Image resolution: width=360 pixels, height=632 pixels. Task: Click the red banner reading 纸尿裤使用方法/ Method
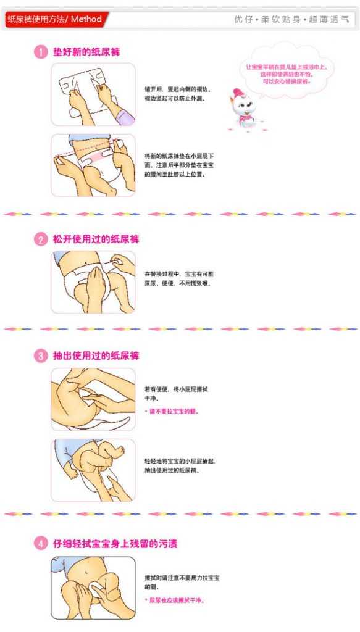(x=56, y=20)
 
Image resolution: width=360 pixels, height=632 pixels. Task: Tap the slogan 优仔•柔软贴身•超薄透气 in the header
(x=291, y=20)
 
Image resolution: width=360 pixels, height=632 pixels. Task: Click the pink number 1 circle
(x=41, y=53)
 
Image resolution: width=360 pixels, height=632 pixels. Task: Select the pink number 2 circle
(x=41, y=239)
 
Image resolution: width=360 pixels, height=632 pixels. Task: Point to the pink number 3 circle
(x=41, y=356)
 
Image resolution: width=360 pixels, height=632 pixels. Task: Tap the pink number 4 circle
(x=41, y=544)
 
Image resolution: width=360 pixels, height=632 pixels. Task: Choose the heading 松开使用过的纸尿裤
(x=96, y=239)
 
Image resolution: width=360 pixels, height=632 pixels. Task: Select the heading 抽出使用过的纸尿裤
(x=96, y=356)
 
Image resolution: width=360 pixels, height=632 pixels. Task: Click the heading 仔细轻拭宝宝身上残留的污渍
(x=115, y=544)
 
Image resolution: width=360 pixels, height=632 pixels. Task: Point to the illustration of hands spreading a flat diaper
(x=93, y=94)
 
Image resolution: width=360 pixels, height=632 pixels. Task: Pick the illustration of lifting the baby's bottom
(x=93, y=470)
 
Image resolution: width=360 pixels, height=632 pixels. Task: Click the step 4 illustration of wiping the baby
(x=93, y=588)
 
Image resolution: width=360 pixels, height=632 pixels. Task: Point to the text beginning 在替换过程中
(x=179, y=278)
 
